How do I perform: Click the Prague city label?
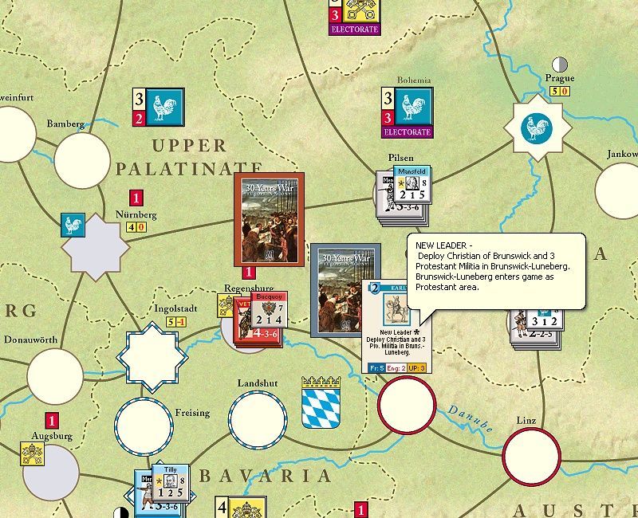coord(560,78)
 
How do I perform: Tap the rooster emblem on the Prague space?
coord(538,128)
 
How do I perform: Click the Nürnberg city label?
coord(136,215)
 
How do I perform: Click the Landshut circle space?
coord(258,418)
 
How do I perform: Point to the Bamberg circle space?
coord(82,160)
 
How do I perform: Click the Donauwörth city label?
coord(30,339)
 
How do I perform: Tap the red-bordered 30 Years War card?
coord(270,219)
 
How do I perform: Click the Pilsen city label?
coord(401,158)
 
